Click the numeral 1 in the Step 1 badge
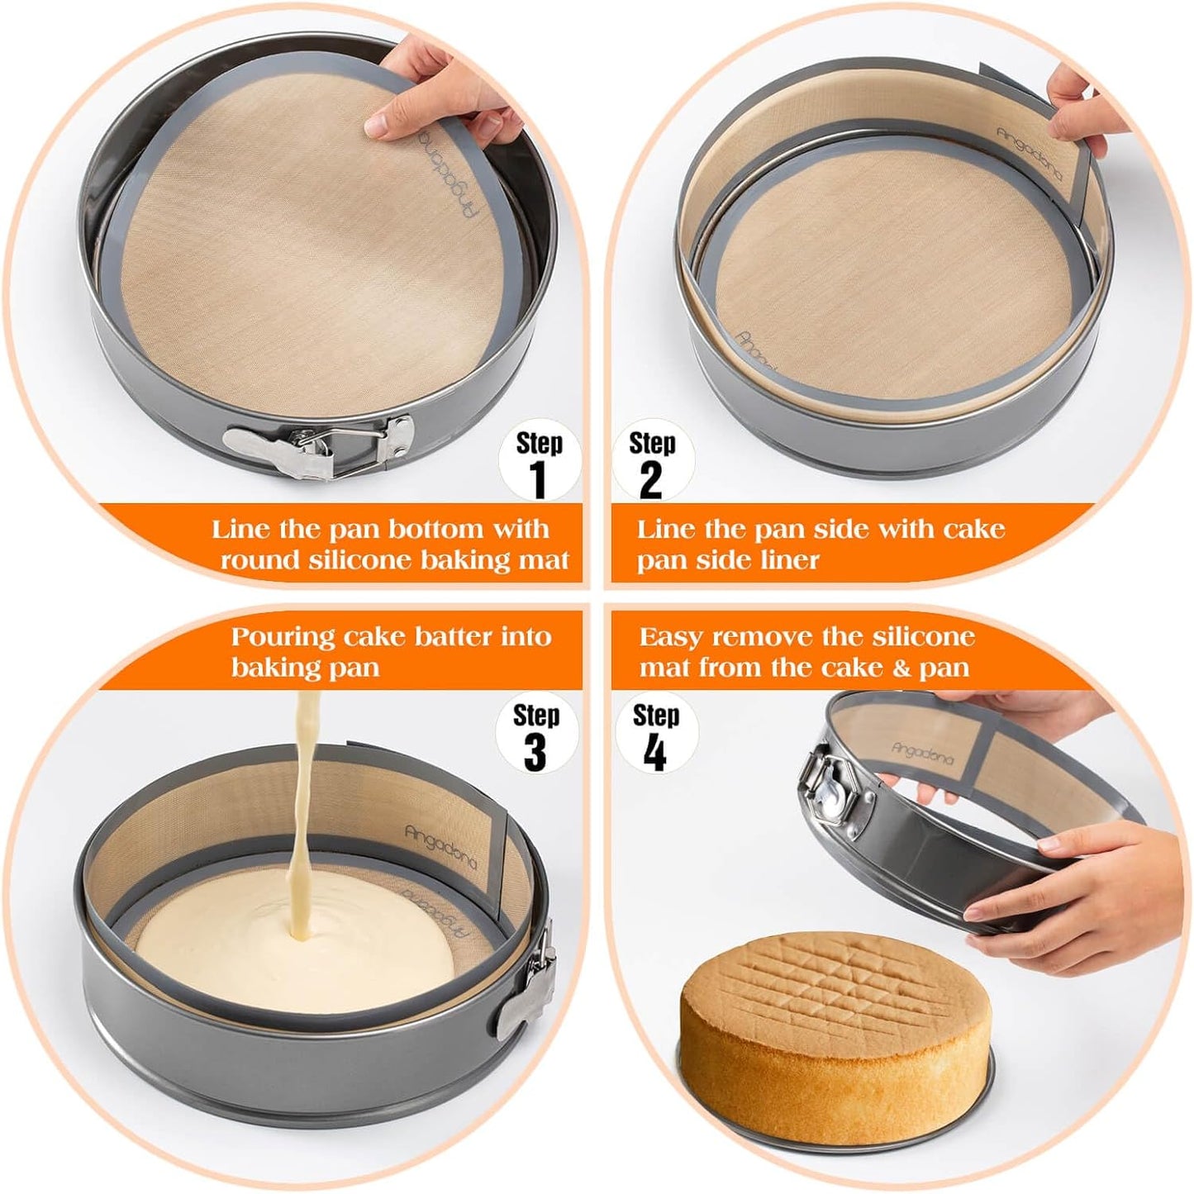tap(539, 480)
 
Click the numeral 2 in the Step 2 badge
tap(651, 480)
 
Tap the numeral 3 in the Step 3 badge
tap(535, 751)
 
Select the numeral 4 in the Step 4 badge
tap(655, 752)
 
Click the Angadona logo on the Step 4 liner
tap(922, 754)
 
